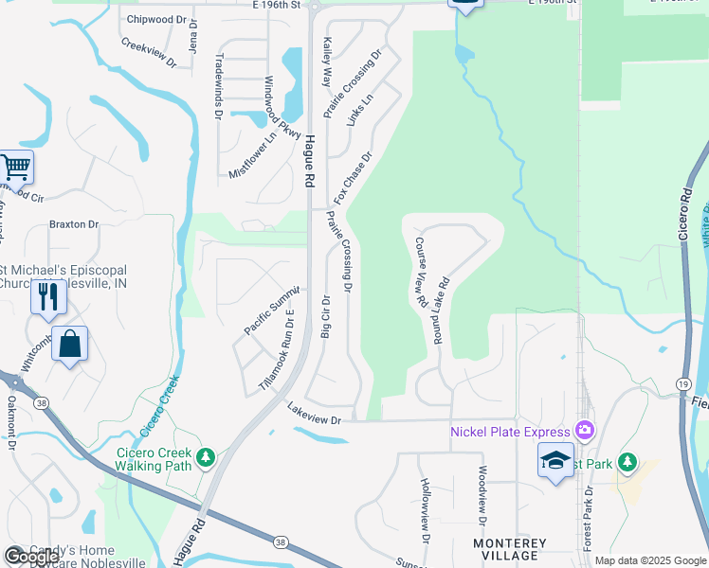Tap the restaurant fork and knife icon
(x=46, y=296)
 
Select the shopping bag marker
(x=71, y=343)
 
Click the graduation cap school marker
(x=556, y=459)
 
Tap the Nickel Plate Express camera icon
(x=584, y=432)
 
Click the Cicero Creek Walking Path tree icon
(x=206, y=458)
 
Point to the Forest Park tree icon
(x=627, y=462)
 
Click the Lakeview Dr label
(x=312, y=413)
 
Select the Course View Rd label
(x=419, y=271)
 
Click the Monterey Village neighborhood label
(x=510, y=550)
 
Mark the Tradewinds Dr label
(x=218, y=86)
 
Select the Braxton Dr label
(x=74, y=225)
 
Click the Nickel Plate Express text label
(x=512, y=433)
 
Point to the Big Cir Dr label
(x=325, y=315)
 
